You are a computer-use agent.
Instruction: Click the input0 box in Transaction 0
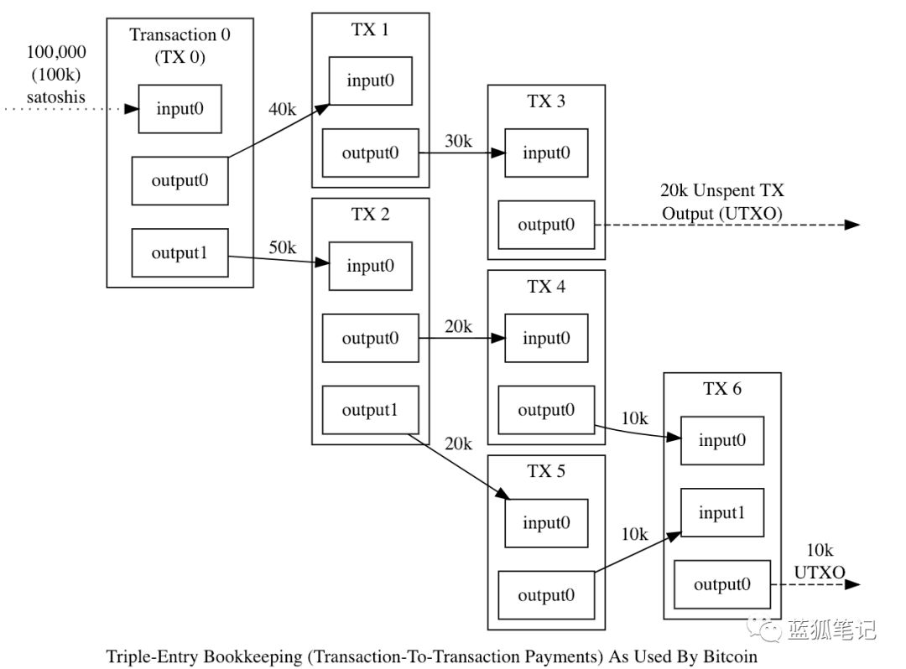pos(180,109)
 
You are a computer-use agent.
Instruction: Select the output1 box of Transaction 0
pos(180,253)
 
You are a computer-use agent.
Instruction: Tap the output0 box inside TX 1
pos(371,153)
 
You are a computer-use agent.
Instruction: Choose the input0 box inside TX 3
pos(546,153)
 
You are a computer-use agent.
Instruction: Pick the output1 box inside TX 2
pos(371,410)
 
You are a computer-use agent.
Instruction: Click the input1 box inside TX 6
pos(722,512)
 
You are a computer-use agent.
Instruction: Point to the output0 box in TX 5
pos(546,595)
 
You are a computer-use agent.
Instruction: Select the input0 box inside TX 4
pos(546,338)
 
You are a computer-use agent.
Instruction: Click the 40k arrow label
pos(282,109)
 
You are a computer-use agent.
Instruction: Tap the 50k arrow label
pos(282,247)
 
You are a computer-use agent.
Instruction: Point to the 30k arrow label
pos(458,141)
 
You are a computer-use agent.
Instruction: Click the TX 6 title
pos(722,389)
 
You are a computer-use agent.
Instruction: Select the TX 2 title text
pos(371,214)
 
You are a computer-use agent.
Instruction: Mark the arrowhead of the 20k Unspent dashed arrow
pos(852,225)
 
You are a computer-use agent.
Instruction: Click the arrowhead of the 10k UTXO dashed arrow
pos(852,584)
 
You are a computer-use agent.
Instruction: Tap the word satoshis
pos(56,97)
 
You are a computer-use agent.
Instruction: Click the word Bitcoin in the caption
pos(731,656)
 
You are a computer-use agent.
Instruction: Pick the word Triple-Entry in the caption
pos(153,657)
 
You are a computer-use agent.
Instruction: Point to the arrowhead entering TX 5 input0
pos(502,494)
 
